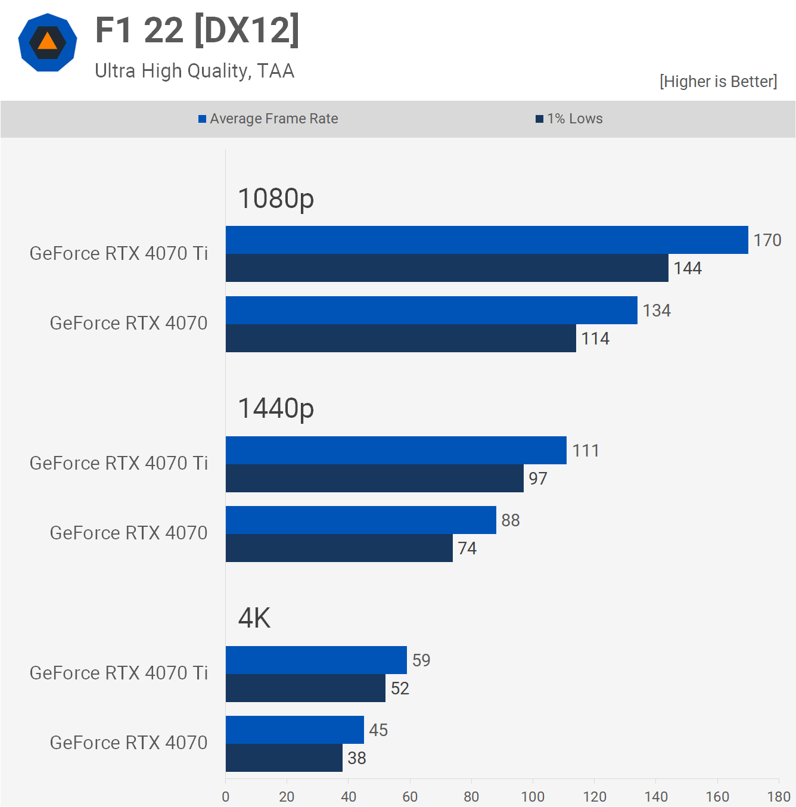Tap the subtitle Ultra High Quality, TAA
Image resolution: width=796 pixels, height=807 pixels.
coord(194,71)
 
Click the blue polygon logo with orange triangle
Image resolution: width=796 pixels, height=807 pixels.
coord(48,42)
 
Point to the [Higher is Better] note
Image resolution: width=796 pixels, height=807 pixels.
coord(718,82)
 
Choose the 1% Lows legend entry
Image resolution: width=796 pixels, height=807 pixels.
coord(569,119)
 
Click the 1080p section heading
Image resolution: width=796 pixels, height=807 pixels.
coord(276,198)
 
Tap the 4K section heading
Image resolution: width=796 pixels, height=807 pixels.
coord(254,618)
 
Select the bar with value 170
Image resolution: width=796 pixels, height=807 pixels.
coord(487,240)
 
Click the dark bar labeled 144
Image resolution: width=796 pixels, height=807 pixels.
coord(447,268)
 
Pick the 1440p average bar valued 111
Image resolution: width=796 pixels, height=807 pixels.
coord(396,450)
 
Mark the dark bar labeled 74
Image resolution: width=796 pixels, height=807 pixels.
coord(339,548)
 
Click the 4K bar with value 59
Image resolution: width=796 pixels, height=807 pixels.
coord(316,660)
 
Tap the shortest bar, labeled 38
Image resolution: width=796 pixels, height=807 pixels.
coord(284,758)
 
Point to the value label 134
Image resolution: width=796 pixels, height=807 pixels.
coord(657,311)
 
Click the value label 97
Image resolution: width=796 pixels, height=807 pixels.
coord(537,479)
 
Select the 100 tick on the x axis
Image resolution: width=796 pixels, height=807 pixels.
coord(533,797)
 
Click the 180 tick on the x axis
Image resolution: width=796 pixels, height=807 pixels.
coord(779,797)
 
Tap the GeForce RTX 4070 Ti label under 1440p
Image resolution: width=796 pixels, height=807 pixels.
coord(119,463)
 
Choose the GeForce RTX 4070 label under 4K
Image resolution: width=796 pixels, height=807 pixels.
coord(129,743)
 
